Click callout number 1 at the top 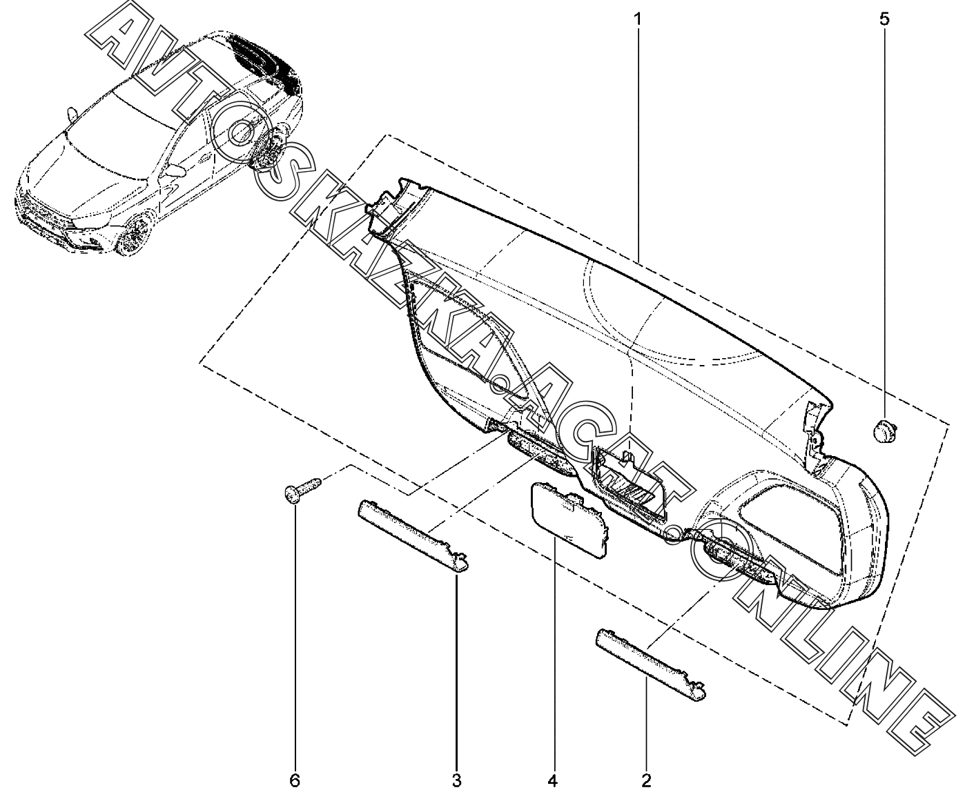point(638,19)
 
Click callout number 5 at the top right point(884,19)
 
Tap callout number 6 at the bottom point(295,781)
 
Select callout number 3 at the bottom point(456,781)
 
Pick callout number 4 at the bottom point(552,781)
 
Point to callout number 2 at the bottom point(646,781)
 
